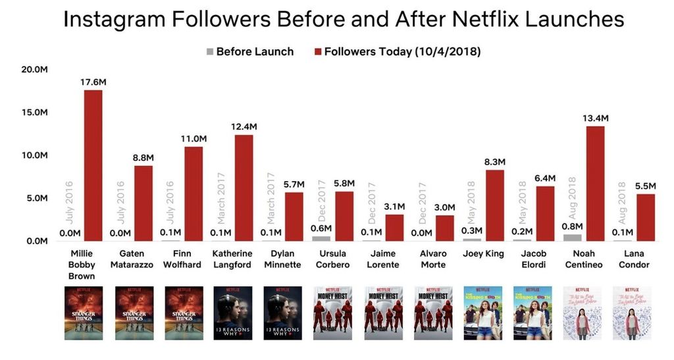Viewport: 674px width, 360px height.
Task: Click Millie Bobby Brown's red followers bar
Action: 93,165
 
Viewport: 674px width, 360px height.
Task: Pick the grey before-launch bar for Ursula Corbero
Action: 321,238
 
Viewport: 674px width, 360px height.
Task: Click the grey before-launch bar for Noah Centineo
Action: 573,237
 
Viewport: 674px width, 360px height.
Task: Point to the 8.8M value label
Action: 143,158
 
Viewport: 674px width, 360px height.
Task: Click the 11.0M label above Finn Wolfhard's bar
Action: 194,139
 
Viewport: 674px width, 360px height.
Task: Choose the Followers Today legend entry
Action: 399,51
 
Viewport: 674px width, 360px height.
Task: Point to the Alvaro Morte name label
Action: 432,259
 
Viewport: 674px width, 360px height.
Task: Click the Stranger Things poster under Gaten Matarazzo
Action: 134,313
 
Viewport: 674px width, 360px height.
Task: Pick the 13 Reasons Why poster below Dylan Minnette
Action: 282,313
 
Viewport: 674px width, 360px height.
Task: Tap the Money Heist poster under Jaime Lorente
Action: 382,313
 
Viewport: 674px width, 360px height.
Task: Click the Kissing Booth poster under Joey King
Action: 482,313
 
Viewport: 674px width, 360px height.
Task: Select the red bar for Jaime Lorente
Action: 394,227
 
